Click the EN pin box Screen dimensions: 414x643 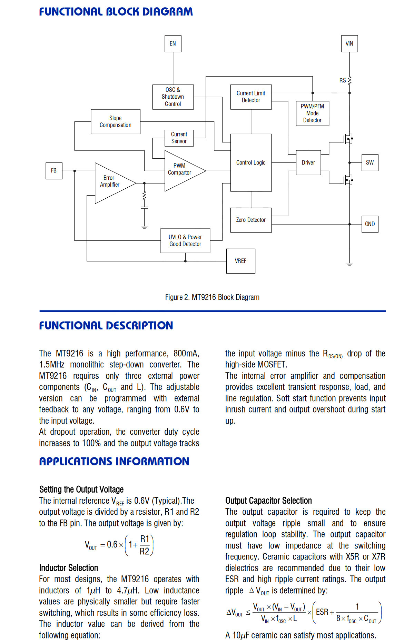pos(173,44)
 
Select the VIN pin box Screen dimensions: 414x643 pos(349,44)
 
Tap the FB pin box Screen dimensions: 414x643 pos(54,171)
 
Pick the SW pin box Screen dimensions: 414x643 pos(370,162)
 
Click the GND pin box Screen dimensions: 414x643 pos(370,224)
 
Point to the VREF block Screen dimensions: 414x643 pos(241,261)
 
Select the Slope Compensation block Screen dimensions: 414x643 pos(116,122)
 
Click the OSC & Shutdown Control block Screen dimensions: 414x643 pos(173,97)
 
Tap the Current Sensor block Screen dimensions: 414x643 pos(179,138)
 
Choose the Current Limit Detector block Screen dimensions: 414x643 pos(251,97)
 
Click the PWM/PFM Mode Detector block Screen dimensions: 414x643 pos(313,113)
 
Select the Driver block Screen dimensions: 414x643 pos(308,162)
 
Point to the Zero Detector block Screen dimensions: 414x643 pos(251,220)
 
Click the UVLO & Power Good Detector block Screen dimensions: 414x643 pos(185,241)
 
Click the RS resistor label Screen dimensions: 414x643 pos(343,81)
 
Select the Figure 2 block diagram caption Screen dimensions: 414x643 pos(212,297)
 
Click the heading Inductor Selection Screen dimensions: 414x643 pos(69,568)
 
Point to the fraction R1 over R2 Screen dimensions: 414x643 pos(145,545)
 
